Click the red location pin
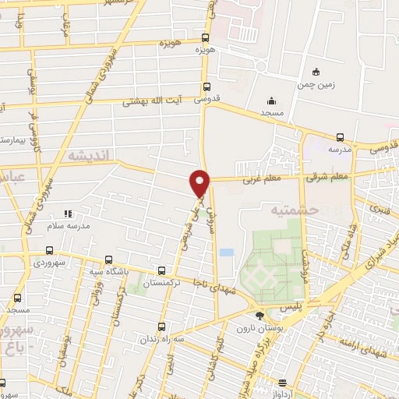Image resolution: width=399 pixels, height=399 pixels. point(200,182)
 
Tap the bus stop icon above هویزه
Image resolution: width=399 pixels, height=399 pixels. point(206,37)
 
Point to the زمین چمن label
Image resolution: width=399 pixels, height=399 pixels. point(314,85)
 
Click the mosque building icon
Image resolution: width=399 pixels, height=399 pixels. point(271,100)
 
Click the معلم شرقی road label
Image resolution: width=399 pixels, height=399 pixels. point(330,177)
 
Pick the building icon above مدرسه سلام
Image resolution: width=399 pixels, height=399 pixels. point(68,213)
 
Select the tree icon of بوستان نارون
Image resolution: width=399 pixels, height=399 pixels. point(259,315)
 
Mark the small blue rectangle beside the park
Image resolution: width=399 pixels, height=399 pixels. point(226,252)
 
